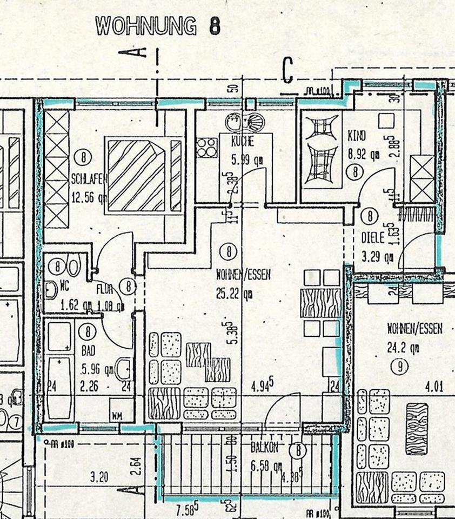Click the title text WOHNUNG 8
(x=157, y=25)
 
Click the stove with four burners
(x=206, y=147)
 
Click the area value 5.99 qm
(x=243, y=159)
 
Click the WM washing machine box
(x=117, y=416)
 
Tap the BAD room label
(x=88, y=351)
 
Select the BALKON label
(x=265, y=448)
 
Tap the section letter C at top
(x=287, y=71)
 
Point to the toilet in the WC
(x=73, y=268)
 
